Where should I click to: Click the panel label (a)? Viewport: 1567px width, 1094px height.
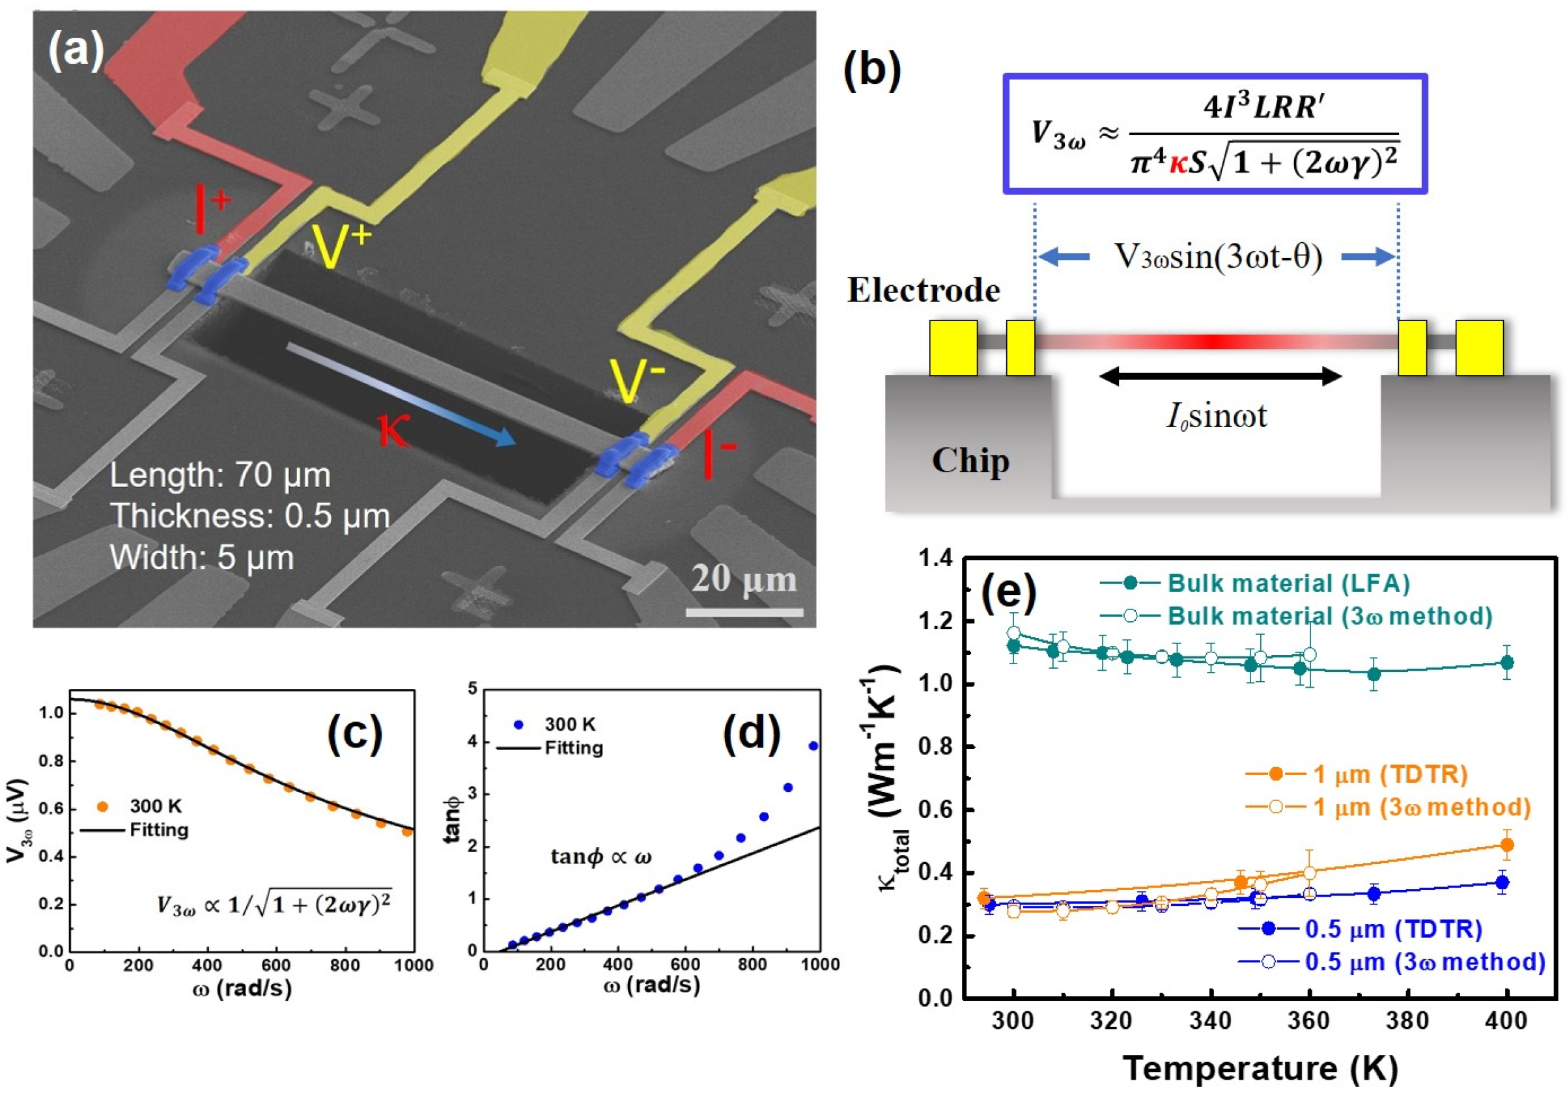click(75, 51)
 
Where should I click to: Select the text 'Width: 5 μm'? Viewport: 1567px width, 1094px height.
click(202, 557)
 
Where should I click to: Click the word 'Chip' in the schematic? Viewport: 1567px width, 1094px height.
click(970, 460)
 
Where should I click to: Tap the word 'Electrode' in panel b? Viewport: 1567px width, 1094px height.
click(924, 290)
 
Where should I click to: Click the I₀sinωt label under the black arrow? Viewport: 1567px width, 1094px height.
click(1217, 415)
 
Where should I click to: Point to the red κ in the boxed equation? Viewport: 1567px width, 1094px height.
click(1178, 164)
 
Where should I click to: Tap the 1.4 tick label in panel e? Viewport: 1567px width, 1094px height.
click(936, 559)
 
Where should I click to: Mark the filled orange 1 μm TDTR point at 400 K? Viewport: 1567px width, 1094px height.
click(1507, 845)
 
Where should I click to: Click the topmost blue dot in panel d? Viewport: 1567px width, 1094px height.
click(813, 746)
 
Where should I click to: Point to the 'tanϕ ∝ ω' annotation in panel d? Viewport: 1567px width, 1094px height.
click(600, 857)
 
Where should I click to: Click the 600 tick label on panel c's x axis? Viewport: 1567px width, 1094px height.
click(413, 966)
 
